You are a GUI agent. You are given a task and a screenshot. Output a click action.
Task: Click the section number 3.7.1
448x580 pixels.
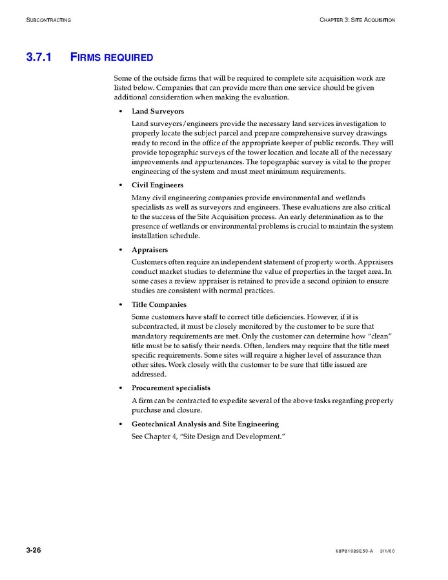39,57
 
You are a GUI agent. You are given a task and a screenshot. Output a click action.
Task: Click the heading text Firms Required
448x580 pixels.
111,57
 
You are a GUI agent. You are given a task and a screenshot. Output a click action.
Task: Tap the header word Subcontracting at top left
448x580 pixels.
48,20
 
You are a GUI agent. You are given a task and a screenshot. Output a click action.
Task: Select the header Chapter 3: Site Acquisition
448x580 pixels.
356,20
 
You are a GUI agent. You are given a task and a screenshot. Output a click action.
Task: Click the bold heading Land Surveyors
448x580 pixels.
158,112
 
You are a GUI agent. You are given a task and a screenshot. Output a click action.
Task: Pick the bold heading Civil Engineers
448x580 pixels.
158,185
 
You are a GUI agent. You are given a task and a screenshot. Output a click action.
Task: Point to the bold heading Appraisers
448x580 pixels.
150,250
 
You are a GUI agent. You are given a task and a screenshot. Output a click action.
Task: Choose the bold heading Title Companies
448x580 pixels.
159,305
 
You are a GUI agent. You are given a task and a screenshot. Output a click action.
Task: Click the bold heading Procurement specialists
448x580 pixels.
171,388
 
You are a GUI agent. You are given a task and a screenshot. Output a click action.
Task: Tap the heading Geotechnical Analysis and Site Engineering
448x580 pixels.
205,424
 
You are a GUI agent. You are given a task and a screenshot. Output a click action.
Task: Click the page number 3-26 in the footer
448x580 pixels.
34,550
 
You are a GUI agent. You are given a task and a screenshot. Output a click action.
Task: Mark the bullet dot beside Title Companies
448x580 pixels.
121,306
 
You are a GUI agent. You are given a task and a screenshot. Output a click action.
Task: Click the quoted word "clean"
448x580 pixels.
381,337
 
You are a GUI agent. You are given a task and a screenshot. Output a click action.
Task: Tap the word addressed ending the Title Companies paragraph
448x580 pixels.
148,374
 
